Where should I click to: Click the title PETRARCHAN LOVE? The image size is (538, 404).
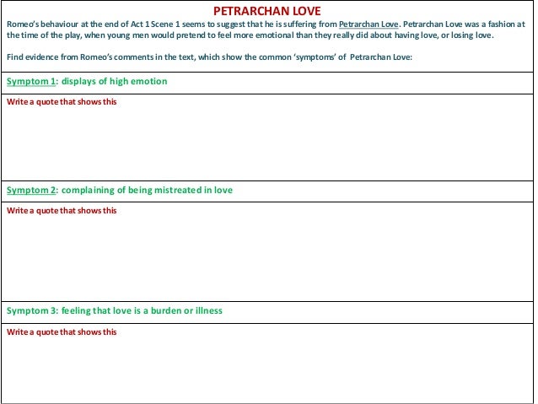[267, 9]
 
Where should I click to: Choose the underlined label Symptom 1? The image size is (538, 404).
[30, 82]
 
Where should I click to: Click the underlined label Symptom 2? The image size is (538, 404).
[30, 191]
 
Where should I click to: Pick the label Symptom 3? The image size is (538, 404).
[30, 310]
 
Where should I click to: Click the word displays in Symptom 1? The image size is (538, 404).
[78, 82]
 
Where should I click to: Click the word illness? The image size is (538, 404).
[206, 310]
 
